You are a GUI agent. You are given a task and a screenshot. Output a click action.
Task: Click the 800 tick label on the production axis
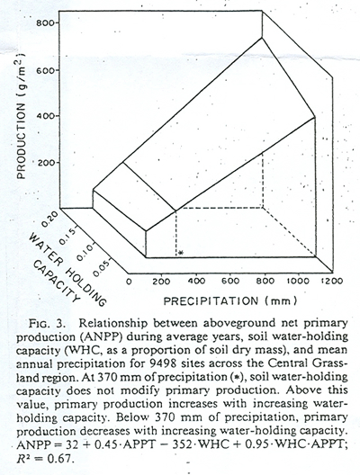point(45,23)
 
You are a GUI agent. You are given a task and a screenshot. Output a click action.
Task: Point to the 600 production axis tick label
point(45,70)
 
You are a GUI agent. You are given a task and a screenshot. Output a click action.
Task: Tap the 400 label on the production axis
point(45,116)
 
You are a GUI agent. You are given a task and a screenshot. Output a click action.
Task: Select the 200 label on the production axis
point(45,162)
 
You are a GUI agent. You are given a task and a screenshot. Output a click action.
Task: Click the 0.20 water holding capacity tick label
point(49,219)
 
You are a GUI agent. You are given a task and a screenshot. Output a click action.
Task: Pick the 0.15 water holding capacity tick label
point(67,237)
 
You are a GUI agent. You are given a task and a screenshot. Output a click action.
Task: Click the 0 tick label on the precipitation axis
point(129,281)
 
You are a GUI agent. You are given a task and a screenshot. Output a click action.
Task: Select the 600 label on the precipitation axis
point(230,281)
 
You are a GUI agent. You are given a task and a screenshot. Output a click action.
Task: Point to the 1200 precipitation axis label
point(332,281)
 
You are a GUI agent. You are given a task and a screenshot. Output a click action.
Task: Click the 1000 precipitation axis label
point(298,281)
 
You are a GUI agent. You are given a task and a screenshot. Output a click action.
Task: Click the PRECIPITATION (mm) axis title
point(230,301)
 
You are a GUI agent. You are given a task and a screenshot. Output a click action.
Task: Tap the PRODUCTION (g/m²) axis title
point(22,116)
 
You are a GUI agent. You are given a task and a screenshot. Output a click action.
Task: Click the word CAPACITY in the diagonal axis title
point(57,281)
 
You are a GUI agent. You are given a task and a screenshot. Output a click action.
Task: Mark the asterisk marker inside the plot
point(181,253)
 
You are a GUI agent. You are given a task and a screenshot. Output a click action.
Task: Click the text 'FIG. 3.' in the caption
point(47,324)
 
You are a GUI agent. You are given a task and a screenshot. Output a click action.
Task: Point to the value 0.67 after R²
point(60,458)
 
